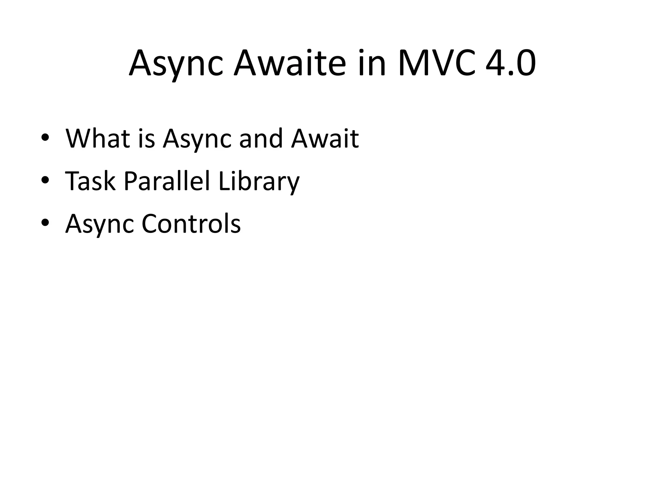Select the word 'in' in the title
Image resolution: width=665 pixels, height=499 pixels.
coord(372,63)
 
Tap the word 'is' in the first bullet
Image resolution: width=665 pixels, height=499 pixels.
coord(146,139)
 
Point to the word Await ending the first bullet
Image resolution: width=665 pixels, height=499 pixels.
coord(325,139)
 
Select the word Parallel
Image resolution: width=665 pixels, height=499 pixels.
coord(167,181)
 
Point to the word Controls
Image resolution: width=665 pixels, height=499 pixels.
coord(191,224)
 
